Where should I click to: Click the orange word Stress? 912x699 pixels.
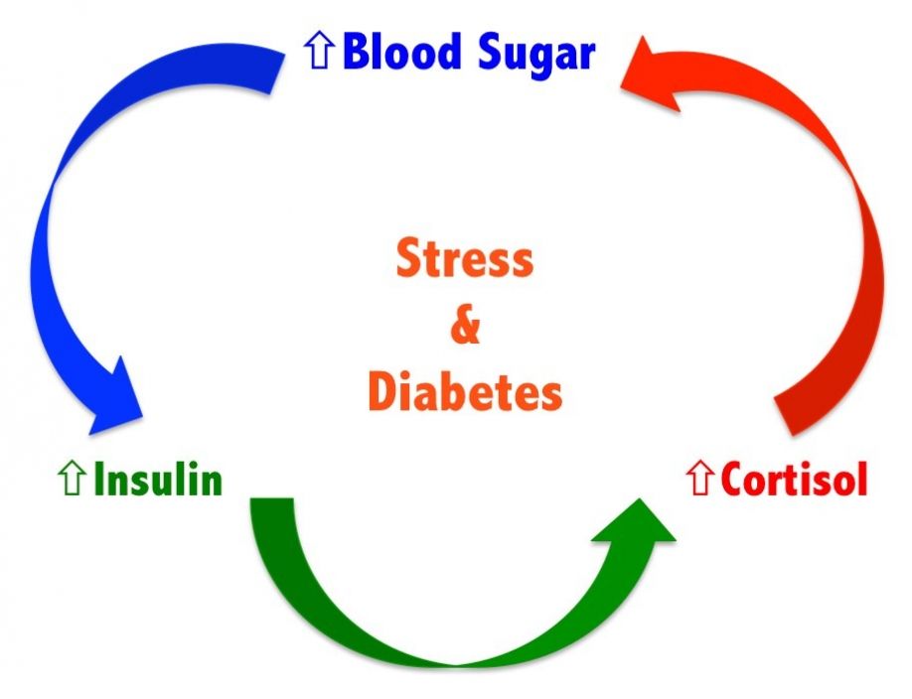coord(464,260)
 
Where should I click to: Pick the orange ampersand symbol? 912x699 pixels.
coord(464,326)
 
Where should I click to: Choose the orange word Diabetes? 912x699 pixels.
coord(464,392)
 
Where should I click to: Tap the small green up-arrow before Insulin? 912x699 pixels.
coord(72,481)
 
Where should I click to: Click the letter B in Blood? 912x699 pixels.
coord(355,54)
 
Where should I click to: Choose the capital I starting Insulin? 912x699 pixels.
coord(99,481)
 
